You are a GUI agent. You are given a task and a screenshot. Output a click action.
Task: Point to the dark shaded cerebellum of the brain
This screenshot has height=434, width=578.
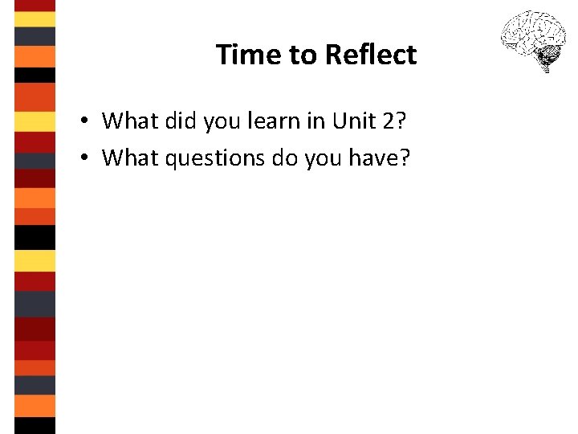(x=549, y=56)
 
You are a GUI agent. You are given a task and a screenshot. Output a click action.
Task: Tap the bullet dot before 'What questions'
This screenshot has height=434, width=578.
(x=83, y=159)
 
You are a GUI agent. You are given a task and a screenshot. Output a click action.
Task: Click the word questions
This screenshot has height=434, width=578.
(x=212, y=159)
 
